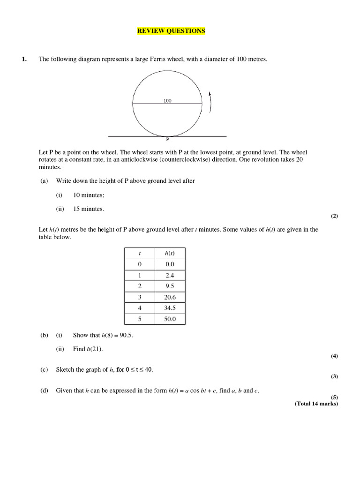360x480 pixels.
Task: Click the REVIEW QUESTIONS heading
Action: coord(171,31)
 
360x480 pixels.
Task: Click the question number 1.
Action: coord(24,59)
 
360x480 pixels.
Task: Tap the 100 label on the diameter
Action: coord(167,100)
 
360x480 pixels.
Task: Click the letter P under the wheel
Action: coord(167,139)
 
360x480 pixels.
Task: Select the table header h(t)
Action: coord(170,253)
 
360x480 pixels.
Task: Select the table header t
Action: coord(139,253)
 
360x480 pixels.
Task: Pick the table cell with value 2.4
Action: coord(170,276)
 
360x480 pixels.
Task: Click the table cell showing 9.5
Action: coord(170,286)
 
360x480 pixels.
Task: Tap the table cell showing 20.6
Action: coord(170,297)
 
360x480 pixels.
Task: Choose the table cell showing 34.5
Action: coord(170,308)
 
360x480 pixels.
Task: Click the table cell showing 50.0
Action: coord(170,319)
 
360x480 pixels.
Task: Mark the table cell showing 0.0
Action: coord(170,264)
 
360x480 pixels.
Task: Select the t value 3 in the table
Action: coord(139,297)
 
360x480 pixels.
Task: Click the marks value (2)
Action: coord(334,216)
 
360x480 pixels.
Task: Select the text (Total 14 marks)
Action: coord(316,404)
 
